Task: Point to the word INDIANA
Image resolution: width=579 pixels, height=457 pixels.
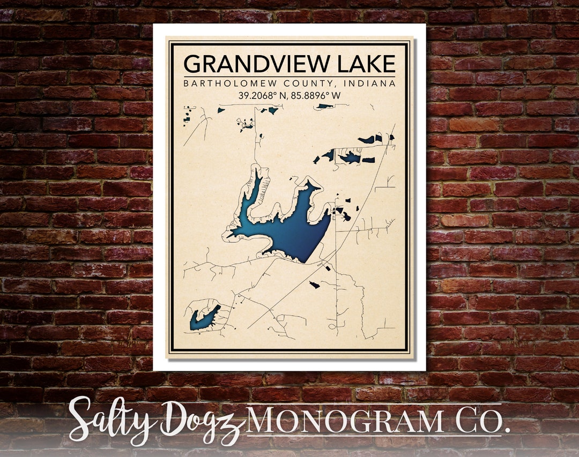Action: coord(370,84)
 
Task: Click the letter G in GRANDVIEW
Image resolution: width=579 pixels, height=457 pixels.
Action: coord(191,64)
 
